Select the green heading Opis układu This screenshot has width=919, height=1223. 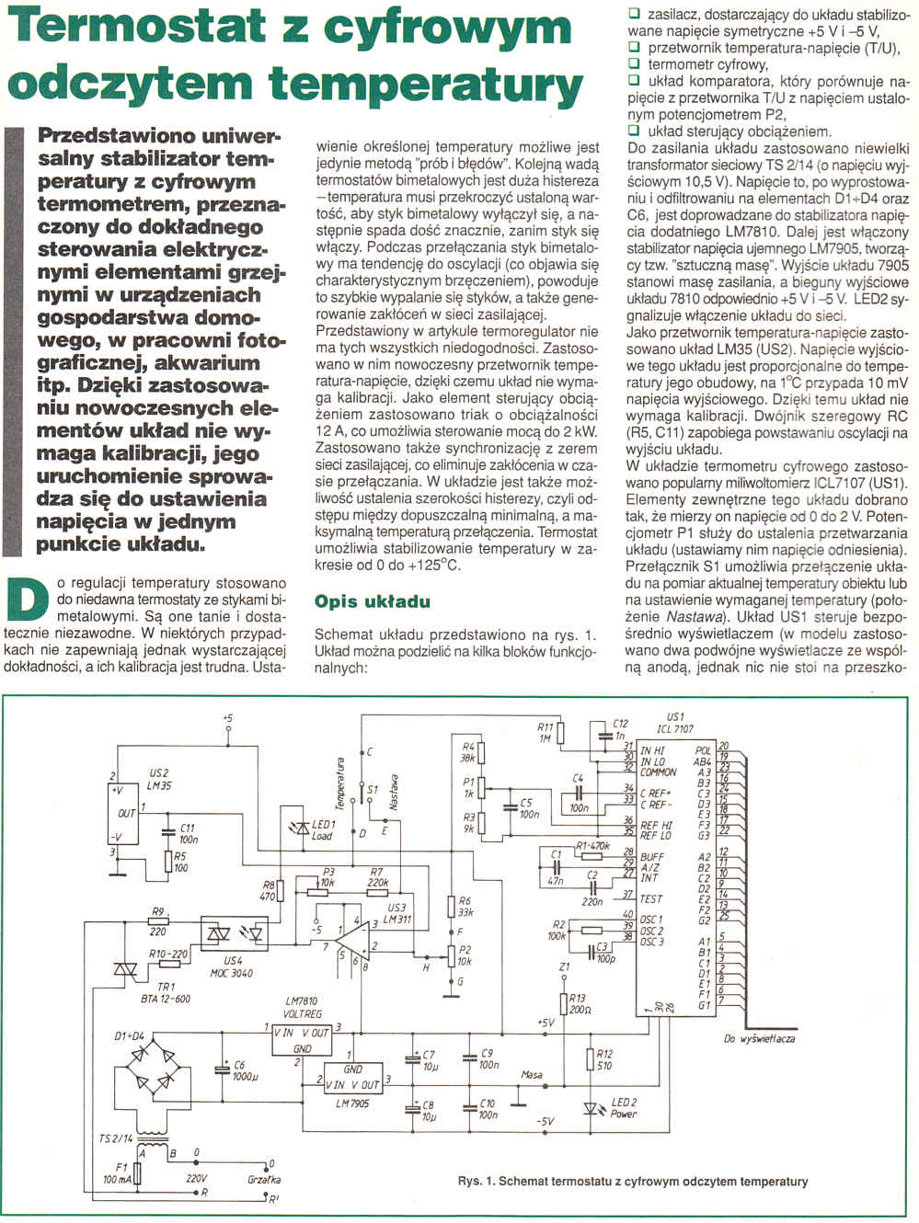click(x=372, y=601)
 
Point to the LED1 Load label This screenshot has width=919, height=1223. click(x=323, y=829)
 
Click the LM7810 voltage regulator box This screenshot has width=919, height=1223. click(x=300, y=1039)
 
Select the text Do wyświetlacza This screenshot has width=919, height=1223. click(x=760, y=1038)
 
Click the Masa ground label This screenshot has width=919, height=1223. click(x=531, y=1074)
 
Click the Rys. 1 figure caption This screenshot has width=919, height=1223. click(x=633, y=1181)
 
